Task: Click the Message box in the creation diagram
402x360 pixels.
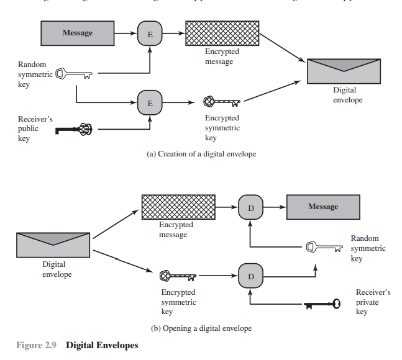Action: coord(78,34)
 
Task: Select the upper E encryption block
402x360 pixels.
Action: coord(149,34)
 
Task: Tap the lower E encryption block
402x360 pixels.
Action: coord(149,102)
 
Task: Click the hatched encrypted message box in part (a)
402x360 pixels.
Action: coord(222,34)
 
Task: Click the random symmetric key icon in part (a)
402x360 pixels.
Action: coord(74,74)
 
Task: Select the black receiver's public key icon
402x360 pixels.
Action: coord(74,129)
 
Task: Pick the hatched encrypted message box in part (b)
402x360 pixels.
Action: coord(178,207)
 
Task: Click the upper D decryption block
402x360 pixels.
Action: coord(250,207)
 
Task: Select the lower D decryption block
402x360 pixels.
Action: coord(250,275)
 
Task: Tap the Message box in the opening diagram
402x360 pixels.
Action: coord(322,207)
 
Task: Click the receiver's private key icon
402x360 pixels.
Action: coord(322,304)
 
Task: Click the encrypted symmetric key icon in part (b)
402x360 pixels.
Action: coord(178,274)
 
